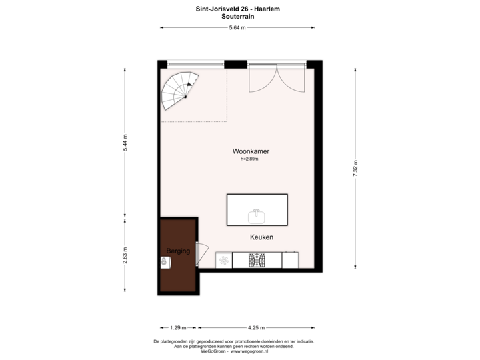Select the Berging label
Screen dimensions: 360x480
(178, 251)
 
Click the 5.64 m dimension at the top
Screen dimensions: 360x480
(237, 28)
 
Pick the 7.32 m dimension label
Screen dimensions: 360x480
(356, 168)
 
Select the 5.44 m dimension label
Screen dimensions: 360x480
(125, 143)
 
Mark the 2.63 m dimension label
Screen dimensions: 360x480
(125, 255)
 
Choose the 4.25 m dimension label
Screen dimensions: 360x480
(256, 327)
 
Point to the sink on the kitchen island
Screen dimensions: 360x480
(257, 215)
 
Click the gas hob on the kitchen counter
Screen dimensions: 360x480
(257, 260)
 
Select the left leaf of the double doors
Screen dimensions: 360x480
(262, 79)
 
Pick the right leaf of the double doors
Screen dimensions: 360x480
(292, 79)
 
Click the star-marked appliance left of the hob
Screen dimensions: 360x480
(225, 260)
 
